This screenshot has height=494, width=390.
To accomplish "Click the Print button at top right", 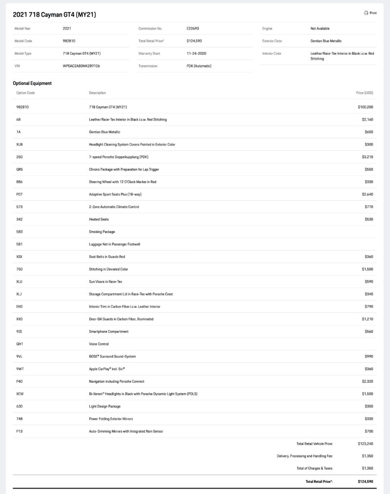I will tap(370, 13).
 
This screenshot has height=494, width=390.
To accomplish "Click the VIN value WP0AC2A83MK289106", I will tap(81, 66).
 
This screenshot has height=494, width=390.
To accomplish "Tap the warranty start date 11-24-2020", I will tap(196, 54).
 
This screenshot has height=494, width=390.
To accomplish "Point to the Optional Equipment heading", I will tap(32, 83).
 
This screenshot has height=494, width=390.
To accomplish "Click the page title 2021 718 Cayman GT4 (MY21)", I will tap(54, 15).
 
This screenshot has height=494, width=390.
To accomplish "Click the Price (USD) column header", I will tap(365, 93).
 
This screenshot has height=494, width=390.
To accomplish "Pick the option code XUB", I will tap(20, 144).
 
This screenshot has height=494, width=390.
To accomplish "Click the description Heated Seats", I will tap(99, 219).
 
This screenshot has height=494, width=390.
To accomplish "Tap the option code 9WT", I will tap(19, 369).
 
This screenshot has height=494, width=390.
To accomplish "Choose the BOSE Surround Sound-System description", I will tap(112, 356).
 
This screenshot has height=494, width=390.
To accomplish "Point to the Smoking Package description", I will tap(102, 232).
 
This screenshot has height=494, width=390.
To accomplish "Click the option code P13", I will tap(19, 432).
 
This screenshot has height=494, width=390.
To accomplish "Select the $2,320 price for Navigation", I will tap(368, 381).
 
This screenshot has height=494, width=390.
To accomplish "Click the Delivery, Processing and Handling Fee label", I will tap(305, 456).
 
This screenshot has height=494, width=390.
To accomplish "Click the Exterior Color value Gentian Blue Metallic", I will tap(326, 41).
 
